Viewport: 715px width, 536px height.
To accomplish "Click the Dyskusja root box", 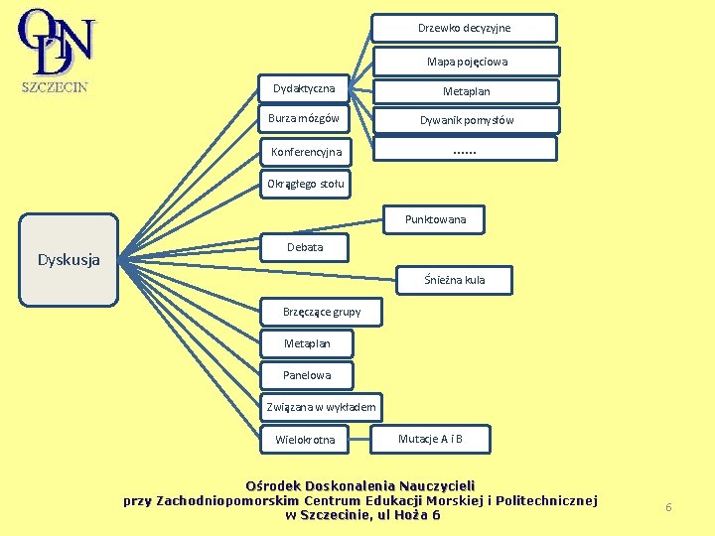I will coord(70,260).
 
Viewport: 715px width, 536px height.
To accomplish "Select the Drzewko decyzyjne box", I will coord(464,28).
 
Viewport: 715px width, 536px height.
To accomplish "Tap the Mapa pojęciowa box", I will coord(466,62).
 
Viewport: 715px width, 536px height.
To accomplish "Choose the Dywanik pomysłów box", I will coord(466,120).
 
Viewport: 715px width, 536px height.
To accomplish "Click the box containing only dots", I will coord(464,150).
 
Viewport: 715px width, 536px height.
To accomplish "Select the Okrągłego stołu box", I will coord(305,183).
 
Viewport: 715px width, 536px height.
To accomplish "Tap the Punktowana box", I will coord(435,219).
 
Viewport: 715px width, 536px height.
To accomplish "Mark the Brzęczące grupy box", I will coord(321,312).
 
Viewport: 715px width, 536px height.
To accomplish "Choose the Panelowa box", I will coord(306,375).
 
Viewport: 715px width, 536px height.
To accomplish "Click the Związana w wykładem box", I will coord(321,407).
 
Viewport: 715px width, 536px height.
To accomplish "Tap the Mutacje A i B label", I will coord(430,439).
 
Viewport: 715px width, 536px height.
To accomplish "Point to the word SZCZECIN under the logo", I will coord(55,86).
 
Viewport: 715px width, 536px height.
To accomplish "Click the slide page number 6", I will coord(668,507).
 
